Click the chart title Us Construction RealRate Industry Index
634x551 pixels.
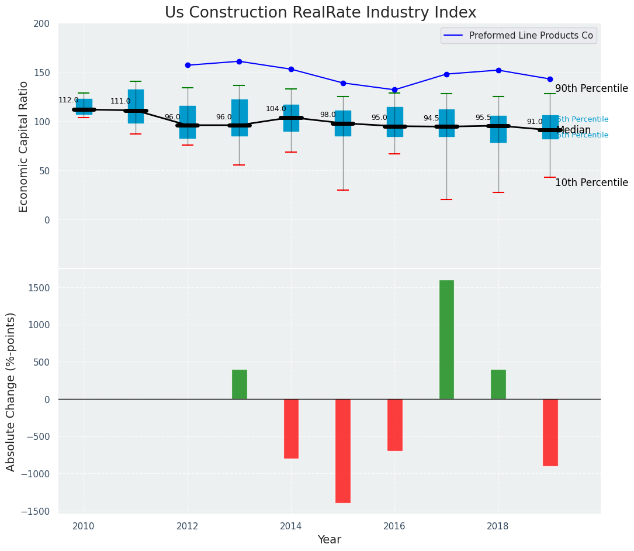[x=320, y=13]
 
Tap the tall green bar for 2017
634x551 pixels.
[x=446, y=339]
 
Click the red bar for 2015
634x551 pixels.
[x=343, y=450]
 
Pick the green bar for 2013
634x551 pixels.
[x=240, y=384]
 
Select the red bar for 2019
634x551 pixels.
[x=550, y=432]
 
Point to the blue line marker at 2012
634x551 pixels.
[x=188, y=66]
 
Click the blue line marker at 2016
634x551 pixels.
[x=394, y=90]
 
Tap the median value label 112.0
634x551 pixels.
[x=68, y=100]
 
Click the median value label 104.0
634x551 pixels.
[x=276, y=109]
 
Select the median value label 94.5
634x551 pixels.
[x=431, y=118]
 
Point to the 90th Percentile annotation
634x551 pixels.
[x=591, y=89]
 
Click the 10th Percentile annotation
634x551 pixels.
[x=591, y=183]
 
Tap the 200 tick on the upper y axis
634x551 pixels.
[x=49, y=24]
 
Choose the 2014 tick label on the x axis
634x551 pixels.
[x=290, y=526]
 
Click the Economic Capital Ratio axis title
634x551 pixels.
[x=24, y=146]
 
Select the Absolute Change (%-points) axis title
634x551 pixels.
[x=11, y=391]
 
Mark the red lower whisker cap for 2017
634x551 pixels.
[x=446, y=199]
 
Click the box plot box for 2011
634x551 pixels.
[x=136, y=106]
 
